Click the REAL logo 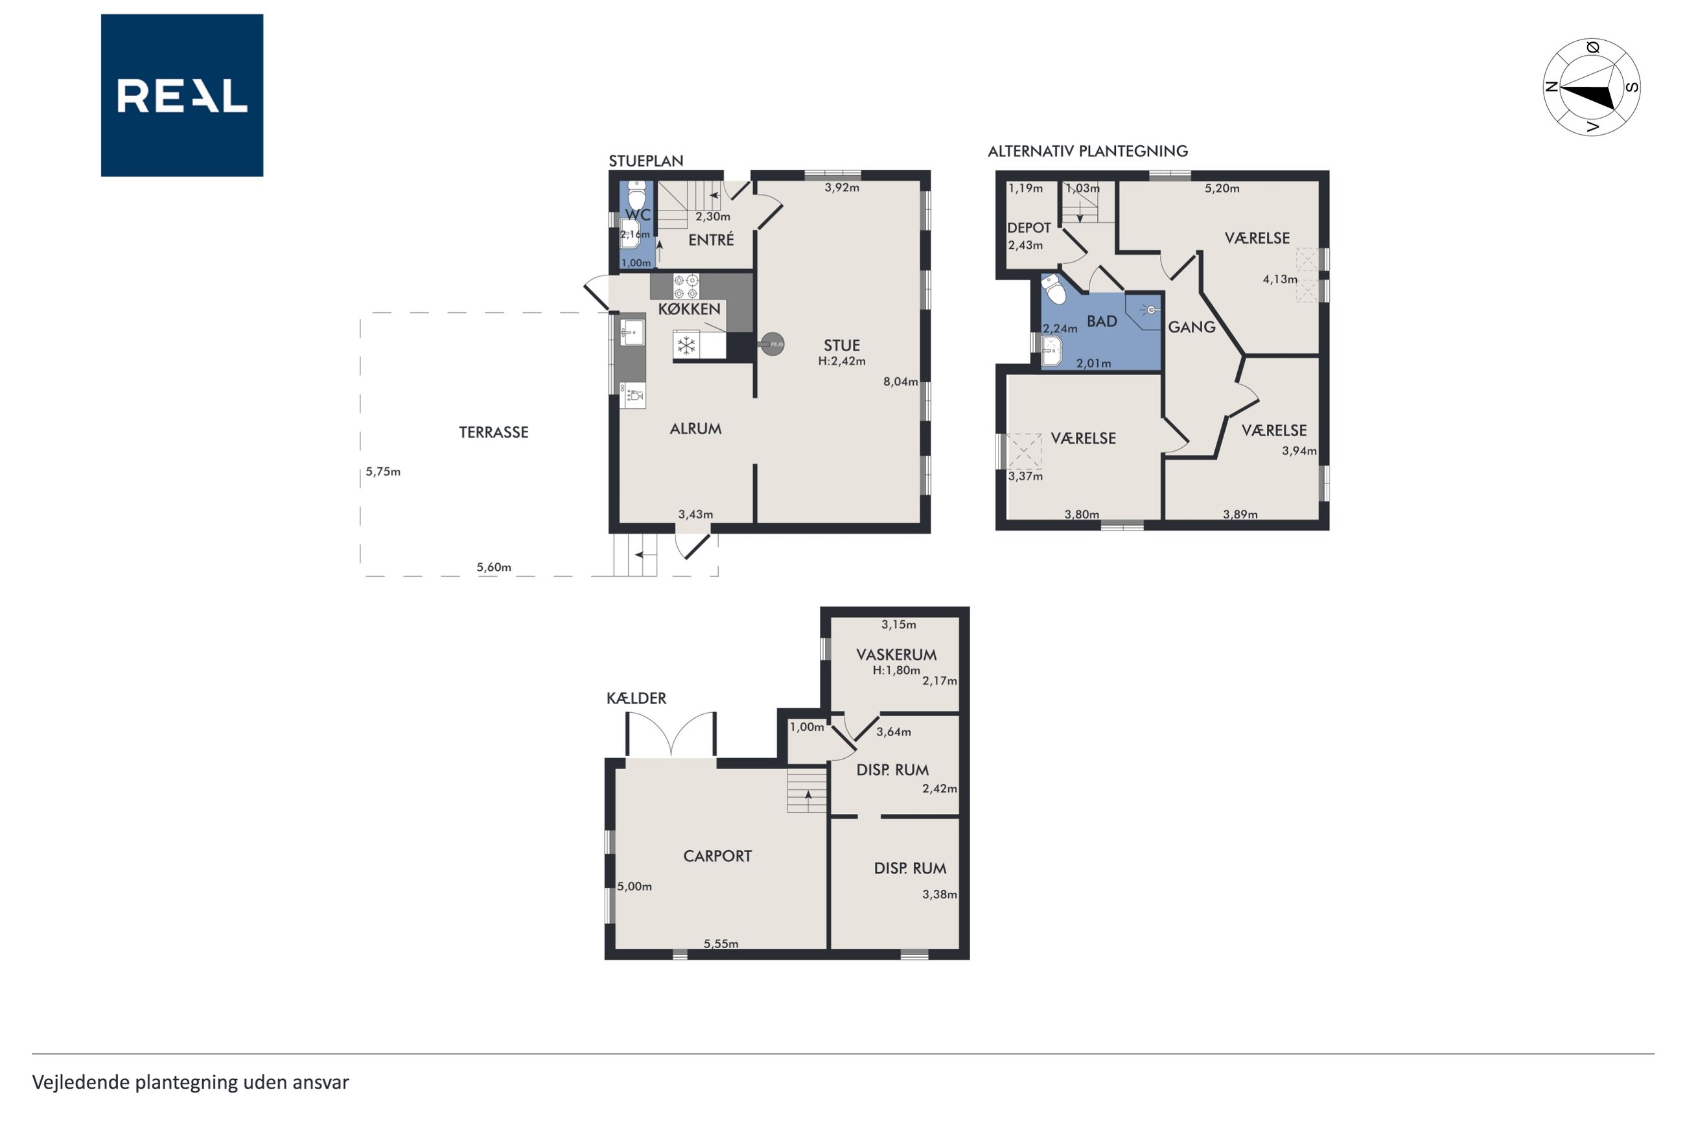point(182,95)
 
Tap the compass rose point(1591,87)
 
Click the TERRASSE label point(493,432)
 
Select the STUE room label point(841,345)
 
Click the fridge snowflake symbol point(686,346)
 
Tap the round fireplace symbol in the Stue point(772,345)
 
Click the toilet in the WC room point(636,194)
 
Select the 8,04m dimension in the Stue point(900,382)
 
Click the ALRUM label point(695,428)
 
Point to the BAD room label point(1101,321)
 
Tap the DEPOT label point(1029,227)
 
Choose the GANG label point(1192,327)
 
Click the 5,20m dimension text point(1222,189)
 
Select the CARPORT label point(717,856)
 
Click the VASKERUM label point(896,654)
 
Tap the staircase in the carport point(807,790)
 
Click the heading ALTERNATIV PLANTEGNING point(1087,151)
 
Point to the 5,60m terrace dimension point(494,567)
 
